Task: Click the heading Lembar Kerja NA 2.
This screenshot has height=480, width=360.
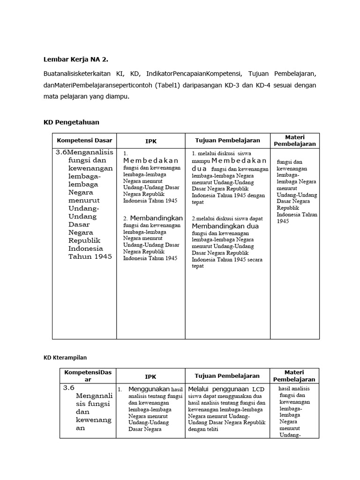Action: (79, 60)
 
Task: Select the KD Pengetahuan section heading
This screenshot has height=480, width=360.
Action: (71, 122)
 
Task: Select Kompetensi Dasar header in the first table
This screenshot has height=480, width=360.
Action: (84, 140)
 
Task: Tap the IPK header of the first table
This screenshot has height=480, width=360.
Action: (151, 141)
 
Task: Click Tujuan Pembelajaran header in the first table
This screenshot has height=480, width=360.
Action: (227, 140)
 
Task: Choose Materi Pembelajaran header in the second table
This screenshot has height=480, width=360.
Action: (294, 376)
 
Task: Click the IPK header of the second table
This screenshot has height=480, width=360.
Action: (150, 376)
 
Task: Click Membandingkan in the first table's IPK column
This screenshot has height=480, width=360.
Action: (156, 218)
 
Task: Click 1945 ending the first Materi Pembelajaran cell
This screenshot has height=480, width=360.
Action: (283, 221)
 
